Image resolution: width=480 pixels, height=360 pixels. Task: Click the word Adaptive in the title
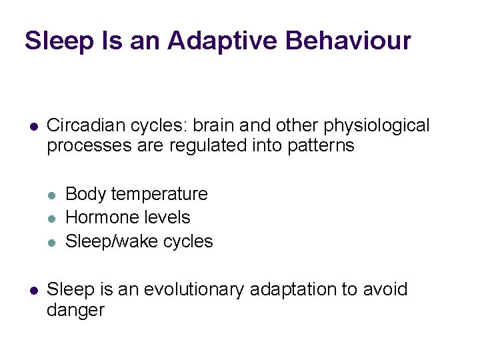[223, 41]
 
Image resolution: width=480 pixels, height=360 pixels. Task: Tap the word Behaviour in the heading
[348, 41]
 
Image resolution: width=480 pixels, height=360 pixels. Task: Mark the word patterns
[321, 145]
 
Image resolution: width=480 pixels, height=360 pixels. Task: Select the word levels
[169, 217]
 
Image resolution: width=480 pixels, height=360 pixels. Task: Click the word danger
[76, 310]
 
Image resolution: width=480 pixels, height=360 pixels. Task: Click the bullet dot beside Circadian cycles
[32, 126]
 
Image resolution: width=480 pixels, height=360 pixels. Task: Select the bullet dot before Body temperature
[51, 195]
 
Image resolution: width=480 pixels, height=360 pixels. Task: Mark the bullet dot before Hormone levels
[51, 218]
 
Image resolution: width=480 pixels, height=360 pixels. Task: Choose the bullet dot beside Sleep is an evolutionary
[32, 290]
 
